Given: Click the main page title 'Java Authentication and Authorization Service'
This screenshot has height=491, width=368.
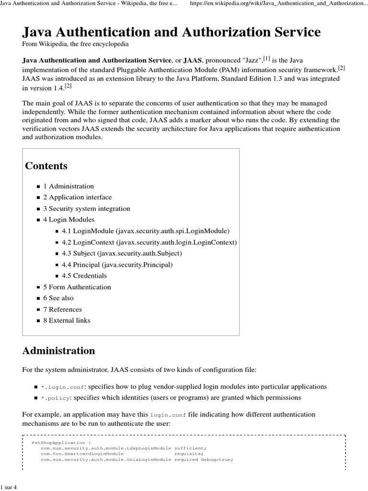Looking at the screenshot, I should (171, 32).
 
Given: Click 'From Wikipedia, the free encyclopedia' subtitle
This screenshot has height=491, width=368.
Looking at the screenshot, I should (75, 44).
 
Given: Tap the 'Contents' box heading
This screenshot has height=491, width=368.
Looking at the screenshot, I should (46, 166).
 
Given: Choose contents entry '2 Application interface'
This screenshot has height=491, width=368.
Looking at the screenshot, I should (77, 197).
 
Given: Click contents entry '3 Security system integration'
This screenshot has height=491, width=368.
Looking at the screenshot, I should (86, 209).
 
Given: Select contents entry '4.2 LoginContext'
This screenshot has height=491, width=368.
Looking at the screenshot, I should (149, 242).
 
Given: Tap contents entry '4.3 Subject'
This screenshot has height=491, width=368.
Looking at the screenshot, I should (122, 253).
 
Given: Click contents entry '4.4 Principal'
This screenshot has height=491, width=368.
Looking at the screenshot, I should (117, 265).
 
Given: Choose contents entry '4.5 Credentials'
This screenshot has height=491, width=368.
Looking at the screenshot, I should (84, 276).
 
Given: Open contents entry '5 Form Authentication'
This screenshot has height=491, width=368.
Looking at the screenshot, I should (77, 287).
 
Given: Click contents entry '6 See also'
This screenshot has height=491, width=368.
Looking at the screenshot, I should (58, 298).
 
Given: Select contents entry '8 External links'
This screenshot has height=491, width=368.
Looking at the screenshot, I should (67, 320).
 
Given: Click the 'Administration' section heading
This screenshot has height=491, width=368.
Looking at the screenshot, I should (58, 351).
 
